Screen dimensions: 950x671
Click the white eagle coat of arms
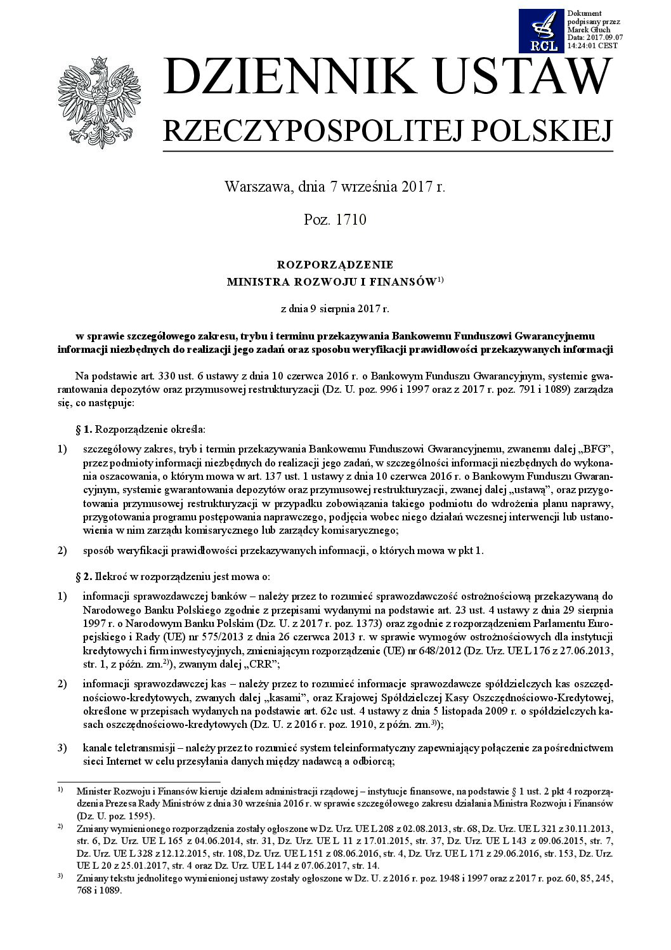coord(96,100)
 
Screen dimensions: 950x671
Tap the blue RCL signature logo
coord(541,30)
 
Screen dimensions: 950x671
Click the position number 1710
coord(349,220)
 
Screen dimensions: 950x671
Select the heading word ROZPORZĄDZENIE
coord(335,265)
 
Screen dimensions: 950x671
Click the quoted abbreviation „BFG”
coord(596,449)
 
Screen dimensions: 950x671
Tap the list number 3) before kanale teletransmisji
coord(62,748)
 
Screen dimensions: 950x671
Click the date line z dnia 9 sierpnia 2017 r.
coord(335,310)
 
